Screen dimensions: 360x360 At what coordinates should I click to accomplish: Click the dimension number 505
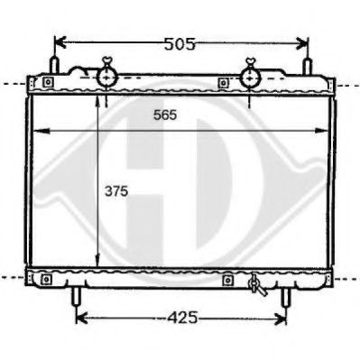pyautogui.click(x=181, y=42)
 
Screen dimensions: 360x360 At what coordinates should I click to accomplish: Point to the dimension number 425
pyautogui.click(x=182, y=318)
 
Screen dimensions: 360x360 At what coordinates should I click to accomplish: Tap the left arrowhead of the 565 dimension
pyautogui.click(x=37, y=132)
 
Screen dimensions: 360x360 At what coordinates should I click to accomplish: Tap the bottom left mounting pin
pyautogui.click(x=76, y=297)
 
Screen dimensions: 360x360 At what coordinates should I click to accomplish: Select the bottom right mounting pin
pyautogui.click(x=287, y=297)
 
